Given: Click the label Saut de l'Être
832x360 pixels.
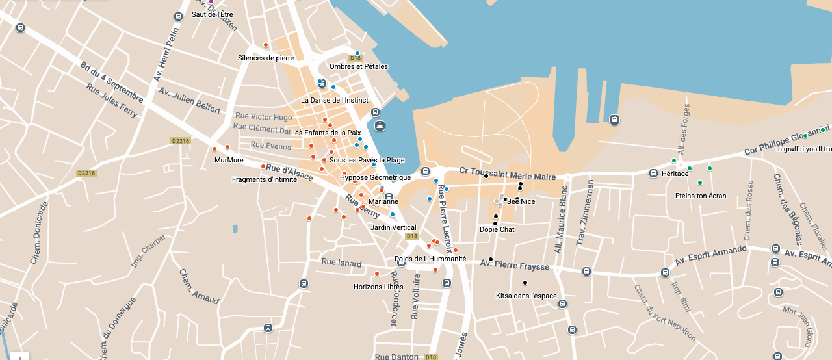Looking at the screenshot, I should pos(212,14).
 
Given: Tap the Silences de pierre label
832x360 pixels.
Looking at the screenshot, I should pos(266,58).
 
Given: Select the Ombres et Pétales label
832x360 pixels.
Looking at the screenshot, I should pos(358,66).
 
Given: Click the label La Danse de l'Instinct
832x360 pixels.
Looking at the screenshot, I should pos(334,100).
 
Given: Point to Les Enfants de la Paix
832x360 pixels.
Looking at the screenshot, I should pos(326,133).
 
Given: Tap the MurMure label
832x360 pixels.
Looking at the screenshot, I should pos(229,160).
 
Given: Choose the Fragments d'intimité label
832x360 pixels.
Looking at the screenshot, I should pos(265,179).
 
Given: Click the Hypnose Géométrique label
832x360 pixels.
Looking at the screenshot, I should pos(375,177).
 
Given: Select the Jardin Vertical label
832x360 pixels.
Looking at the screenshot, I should pos(393,227).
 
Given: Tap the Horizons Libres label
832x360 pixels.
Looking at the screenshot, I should pos(378,287).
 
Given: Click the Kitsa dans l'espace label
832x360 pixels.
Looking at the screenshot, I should pos(526,296).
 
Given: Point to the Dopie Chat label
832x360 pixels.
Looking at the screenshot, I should pos(497,229).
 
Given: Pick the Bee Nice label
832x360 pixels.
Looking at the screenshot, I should pos(521,201).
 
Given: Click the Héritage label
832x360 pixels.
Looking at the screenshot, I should pos(675,174).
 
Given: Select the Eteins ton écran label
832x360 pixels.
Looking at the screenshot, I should pos(700,196).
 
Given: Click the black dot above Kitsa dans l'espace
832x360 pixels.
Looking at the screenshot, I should pos(525,283).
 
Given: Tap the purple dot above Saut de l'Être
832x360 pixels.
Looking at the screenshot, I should pos(211,2).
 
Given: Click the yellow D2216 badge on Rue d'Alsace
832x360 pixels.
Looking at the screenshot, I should pos(180,140).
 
